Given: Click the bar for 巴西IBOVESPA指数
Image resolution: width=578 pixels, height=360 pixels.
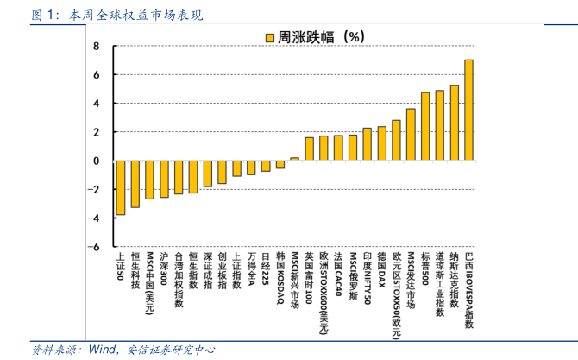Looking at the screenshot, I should (468, 110).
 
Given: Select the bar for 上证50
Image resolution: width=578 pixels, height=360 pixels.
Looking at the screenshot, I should (120, 187).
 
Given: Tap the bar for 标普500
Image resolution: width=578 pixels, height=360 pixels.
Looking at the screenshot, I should (425, 126).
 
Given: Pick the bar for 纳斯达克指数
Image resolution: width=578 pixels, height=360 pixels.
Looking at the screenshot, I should (454, 123).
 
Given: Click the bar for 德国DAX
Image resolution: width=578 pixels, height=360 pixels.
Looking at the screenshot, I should (381, 143).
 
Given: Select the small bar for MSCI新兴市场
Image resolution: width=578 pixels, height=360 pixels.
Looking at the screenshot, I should (294, 159).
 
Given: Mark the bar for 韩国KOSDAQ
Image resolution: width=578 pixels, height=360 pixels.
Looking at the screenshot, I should (280, 164).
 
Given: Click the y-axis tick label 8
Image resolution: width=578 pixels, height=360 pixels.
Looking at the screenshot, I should (96, 47).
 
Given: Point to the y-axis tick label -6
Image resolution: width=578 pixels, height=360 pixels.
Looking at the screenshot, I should (94, 246).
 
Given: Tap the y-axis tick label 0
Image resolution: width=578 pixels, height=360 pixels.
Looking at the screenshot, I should (96, 161).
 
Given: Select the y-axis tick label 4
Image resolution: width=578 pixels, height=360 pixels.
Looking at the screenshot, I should (96, 104).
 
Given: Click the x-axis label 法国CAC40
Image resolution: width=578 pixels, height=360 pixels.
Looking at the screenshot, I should (338, 274).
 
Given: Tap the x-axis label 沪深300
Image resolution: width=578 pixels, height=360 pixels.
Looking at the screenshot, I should (164, 270).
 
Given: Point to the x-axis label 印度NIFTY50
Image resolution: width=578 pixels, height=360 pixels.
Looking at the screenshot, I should (367, 278).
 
